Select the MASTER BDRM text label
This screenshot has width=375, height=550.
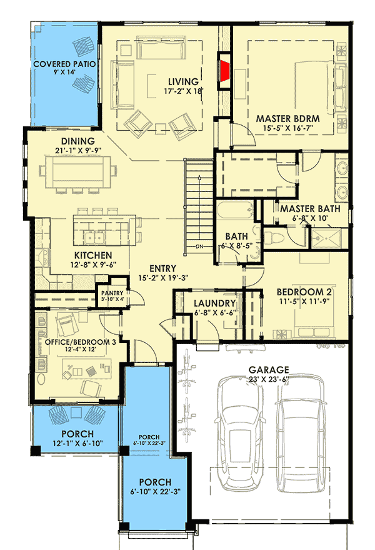[x=288, y=118]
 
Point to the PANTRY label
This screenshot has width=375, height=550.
[x=112, y=292]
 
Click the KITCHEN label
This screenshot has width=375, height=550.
[x=93, y=255]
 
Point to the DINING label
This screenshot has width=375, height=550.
[x=77, y=141]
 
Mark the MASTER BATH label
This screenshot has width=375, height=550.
[x=310, y=208]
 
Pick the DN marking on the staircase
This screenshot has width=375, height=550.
[x=199, y=246]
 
